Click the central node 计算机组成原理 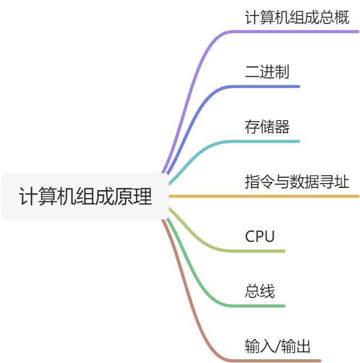(x=85, y=196)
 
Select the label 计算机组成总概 (x=297, y=18)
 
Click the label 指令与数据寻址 (x=297, y=182)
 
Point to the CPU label (x=260, y=236)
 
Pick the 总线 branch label (x=260, y=291)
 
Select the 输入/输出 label (x=278, y=346)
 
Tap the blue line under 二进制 (x=267, y=86)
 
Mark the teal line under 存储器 (x=267, y=141)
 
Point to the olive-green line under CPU (x=262, y=251)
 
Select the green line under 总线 (x=262, y=306)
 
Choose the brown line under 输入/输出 (x=278, y=361)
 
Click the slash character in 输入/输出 (x=278, y=346)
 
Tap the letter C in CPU (x=251, y=236)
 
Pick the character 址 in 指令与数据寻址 (x=342, y=182)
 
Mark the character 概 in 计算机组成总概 (x=342, y=18)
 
